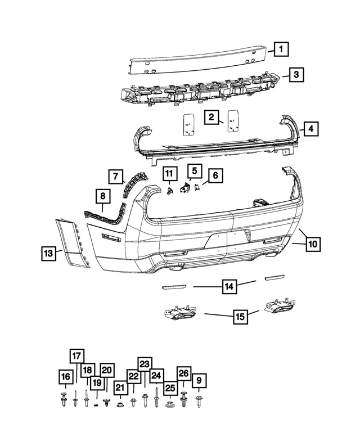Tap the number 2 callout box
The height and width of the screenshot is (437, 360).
(211, 117)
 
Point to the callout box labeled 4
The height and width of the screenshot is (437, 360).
(311, 129)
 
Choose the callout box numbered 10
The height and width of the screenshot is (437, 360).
(313, 244)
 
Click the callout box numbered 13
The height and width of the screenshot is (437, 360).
(49, 254)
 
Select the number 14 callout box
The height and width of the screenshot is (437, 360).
(228, 287)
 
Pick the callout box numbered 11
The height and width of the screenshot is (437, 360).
(169, 174)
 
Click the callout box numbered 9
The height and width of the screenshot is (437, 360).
(199, 382)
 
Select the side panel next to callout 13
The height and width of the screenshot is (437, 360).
(70, 242)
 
